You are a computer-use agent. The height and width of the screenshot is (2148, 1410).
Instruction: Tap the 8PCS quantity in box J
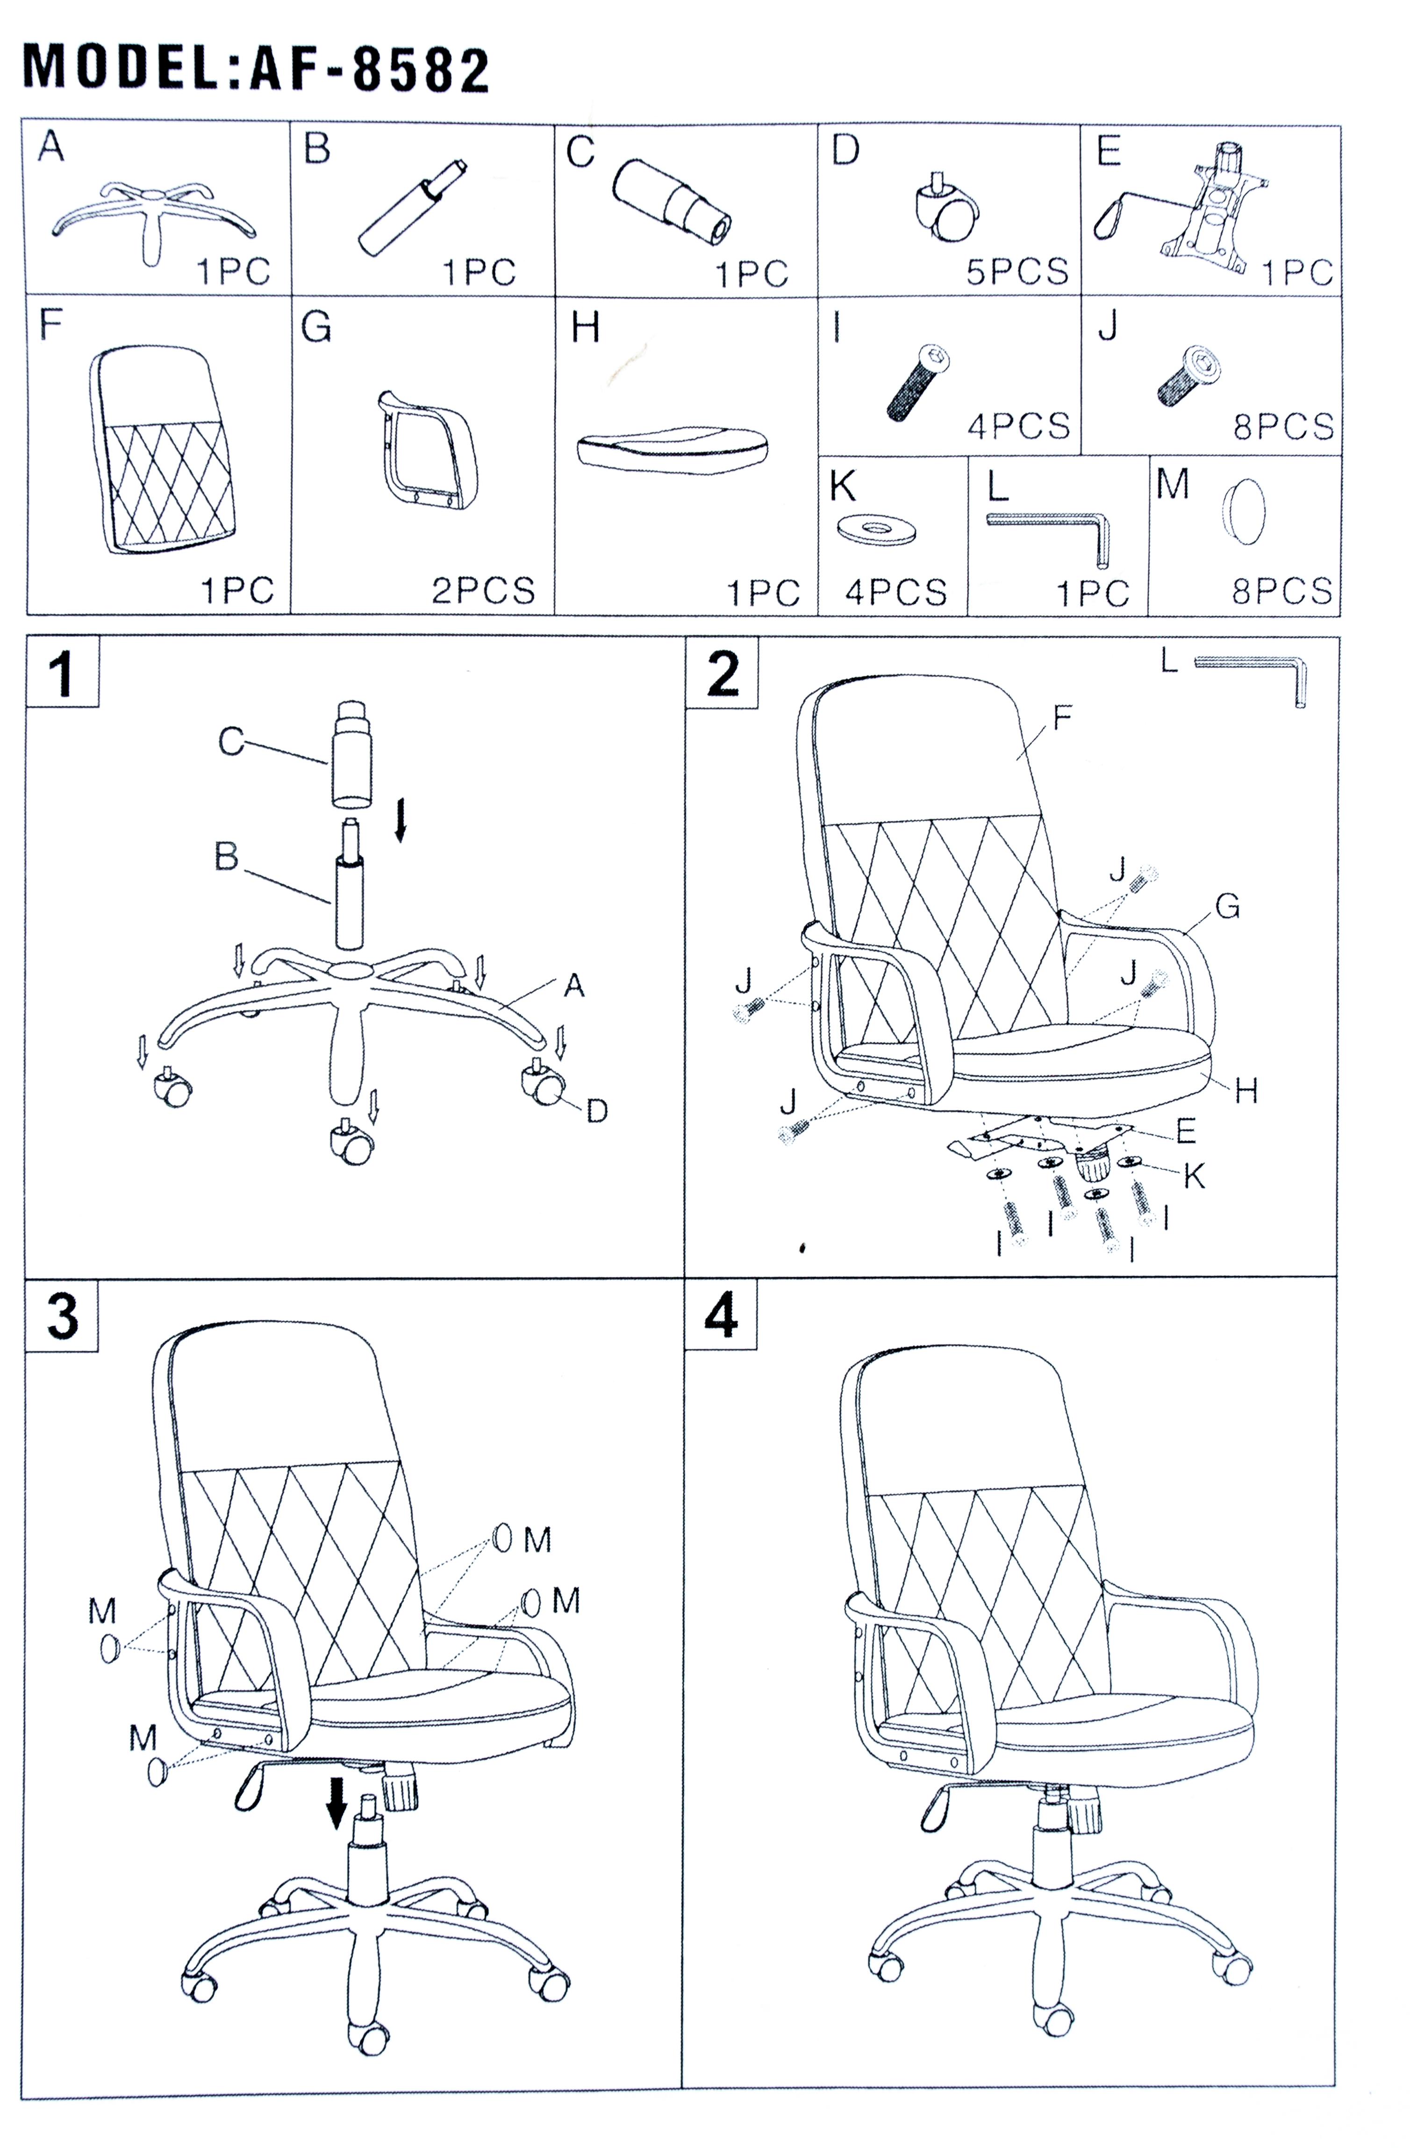1283,425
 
